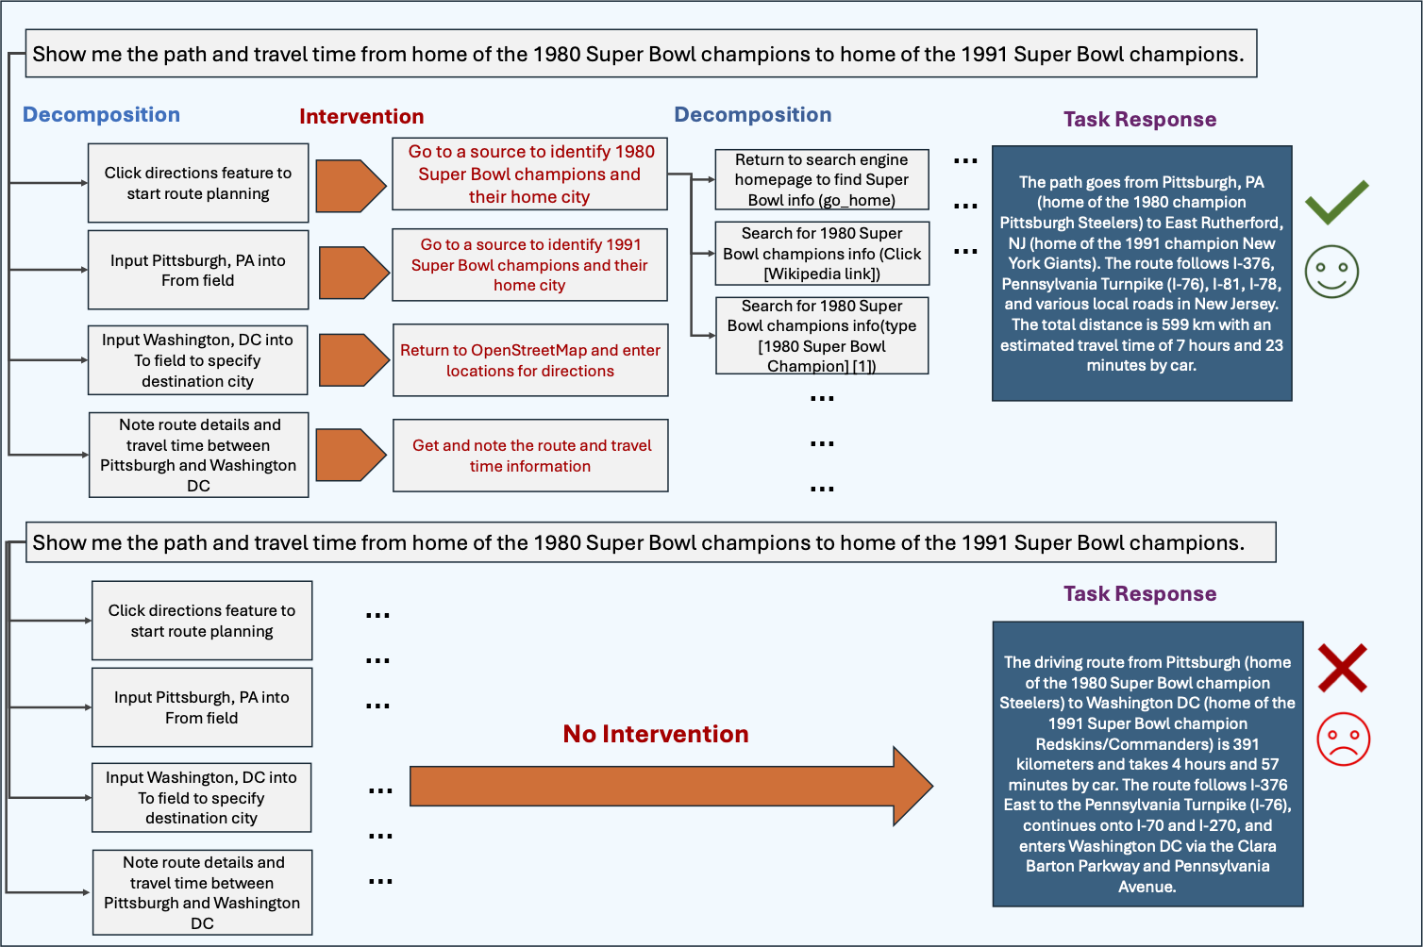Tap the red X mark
1342,668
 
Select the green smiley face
1331,272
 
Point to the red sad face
1343,739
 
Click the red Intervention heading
361,117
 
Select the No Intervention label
655,734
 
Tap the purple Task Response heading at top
1139,120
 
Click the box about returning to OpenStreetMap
529,360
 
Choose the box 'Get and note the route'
530,456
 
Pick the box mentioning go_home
821,179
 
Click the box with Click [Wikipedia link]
821,253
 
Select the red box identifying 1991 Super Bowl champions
529,265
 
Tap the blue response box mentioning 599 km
1141,274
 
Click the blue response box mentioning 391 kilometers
1147,764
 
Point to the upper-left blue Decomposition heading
101,115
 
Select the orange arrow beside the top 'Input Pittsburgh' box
353,273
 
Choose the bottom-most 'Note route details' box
202,892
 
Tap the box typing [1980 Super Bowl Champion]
821,336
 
